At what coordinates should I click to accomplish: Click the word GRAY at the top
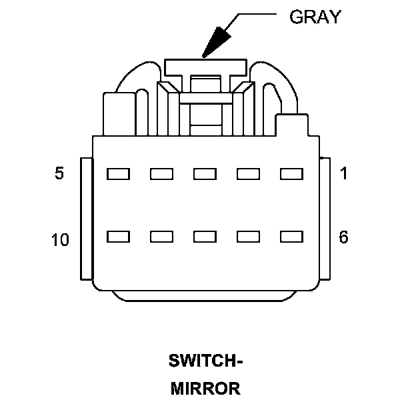point(315,17)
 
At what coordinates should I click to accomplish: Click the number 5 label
point(60,174)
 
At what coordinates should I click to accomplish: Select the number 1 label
point(344,174)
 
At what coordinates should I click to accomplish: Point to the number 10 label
point(60,239)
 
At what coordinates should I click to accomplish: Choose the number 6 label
point(344,237)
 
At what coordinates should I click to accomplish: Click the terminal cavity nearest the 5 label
point(118,174)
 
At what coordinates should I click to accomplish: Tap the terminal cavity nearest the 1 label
point(292,174)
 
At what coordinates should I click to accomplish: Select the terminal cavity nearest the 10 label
point(118,237)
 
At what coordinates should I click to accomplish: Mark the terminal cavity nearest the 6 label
point(292,237)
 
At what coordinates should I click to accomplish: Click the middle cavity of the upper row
point(205,174)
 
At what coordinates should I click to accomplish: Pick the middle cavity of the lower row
point(205,237)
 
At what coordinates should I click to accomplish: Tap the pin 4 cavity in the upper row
point(161,174)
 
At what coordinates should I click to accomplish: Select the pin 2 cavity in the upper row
point(249,174)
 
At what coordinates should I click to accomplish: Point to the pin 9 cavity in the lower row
point(161,237)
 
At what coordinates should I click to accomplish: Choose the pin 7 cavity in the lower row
point(249,237)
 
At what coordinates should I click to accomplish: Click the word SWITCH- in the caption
point(205,362)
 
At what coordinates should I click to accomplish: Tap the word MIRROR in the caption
point(205,388)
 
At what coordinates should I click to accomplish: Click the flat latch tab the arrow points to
point(205,65)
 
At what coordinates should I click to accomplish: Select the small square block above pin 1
point(291,125)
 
